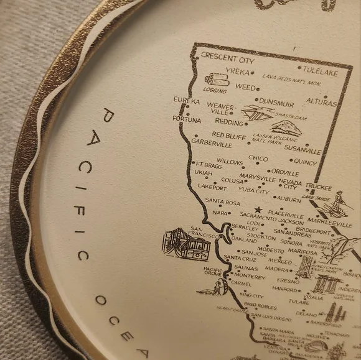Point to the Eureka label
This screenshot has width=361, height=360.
click(187, 100)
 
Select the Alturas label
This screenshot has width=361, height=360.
click(321, 102)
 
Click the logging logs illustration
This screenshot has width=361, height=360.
click(217, 80)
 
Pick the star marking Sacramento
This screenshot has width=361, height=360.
click(257, 210)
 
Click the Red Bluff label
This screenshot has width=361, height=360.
click(229, 134)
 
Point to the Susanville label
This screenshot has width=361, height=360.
click(302, 150)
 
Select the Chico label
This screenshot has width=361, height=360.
click(258, 159)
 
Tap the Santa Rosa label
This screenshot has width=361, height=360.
click(223, 202)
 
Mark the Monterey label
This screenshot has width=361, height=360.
click(250, 276)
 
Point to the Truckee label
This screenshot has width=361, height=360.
click(318, 187)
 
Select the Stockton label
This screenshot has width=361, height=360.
click(261, 236)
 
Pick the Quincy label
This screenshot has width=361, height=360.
click(306, 162)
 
